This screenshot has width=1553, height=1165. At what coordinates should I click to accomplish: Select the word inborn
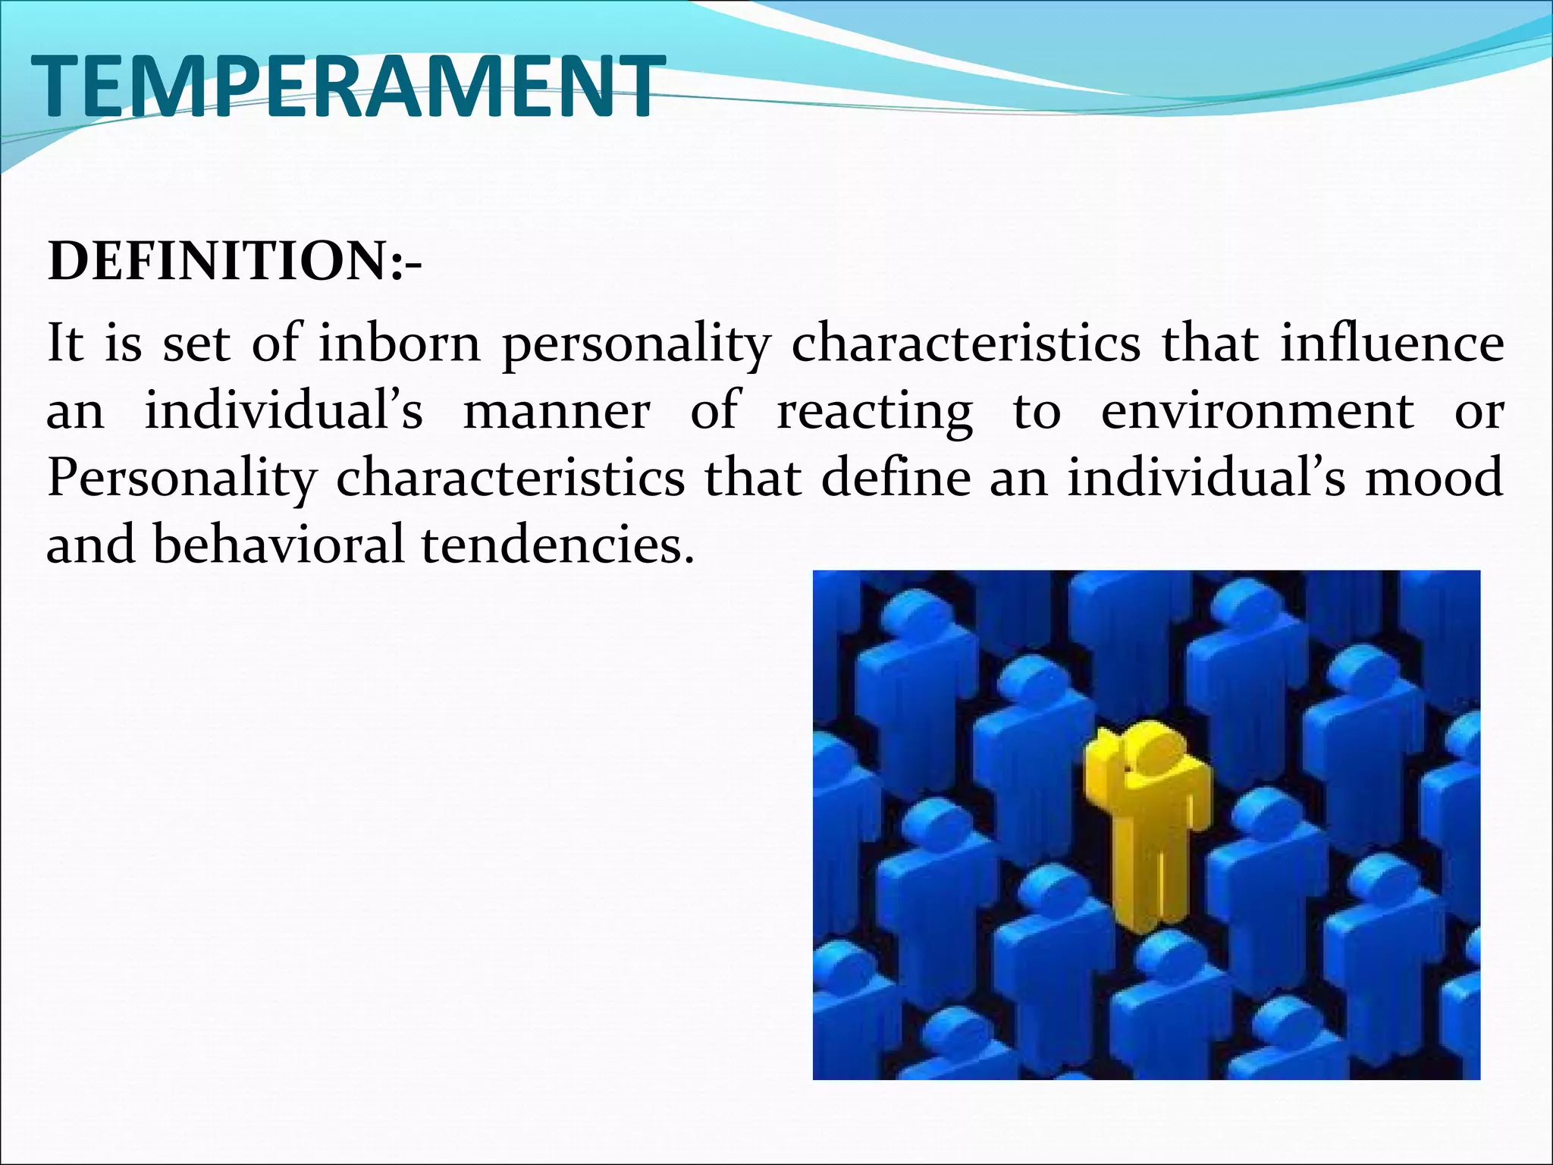(x=399, y=343)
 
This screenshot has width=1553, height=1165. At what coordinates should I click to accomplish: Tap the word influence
(x=1392, y=343)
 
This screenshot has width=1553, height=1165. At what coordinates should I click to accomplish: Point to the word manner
(x=556, y=411)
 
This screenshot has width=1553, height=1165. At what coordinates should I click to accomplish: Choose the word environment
(x=1257, y=411)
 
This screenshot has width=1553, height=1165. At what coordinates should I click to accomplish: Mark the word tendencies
(x=557, y=545)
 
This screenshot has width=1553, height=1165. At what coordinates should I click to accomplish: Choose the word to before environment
(x=1037, y=411)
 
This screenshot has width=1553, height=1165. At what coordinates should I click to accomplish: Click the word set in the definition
(x=196, y=343)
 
